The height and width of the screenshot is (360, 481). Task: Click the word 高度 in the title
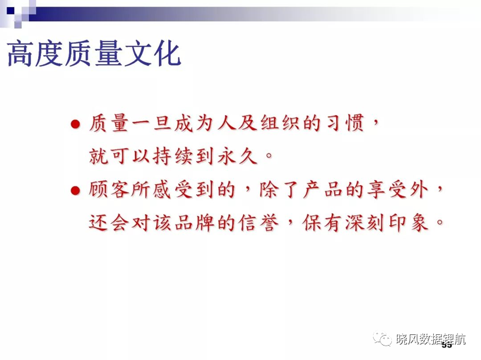35,54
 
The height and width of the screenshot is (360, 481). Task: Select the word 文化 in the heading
152,54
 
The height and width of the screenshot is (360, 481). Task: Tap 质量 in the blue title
94,54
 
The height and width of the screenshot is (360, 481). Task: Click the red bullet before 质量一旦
75,124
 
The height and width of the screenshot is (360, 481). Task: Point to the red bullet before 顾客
75,191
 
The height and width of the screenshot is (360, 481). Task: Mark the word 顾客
109,190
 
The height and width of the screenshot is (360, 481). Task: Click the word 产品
323,190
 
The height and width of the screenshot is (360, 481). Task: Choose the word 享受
387,190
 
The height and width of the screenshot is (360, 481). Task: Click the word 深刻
366,223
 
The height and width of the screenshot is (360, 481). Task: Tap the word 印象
409,223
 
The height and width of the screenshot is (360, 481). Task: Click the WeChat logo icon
382,338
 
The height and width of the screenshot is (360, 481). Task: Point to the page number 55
447,346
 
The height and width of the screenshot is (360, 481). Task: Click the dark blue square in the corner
11,11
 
